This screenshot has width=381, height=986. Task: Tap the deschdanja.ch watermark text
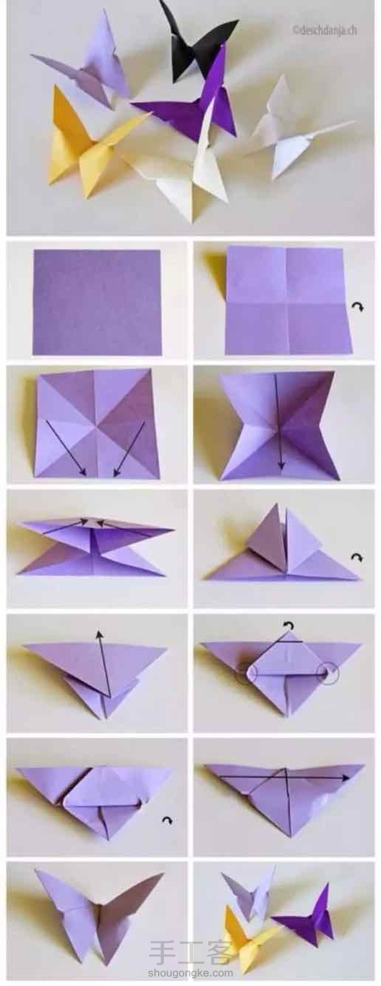coord(324,30)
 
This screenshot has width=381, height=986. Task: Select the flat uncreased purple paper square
coord(97,302)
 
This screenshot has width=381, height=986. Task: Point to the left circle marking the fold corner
coord(246,671)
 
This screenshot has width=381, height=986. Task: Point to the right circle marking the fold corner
coord(328,671)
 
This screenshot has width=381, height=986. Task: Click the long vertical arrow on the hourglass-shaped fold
coord(278,421)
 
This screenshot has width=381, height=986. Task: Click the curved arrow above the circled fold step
coord(288,625)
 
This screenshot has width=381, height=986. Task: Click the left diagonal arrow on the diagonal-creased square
coord(66,448)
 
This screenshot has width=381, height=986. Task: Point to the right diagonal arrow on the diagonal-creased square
coord(129,448)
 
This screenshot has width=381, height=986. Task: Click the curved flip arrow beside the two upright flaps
coord(357,558)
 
